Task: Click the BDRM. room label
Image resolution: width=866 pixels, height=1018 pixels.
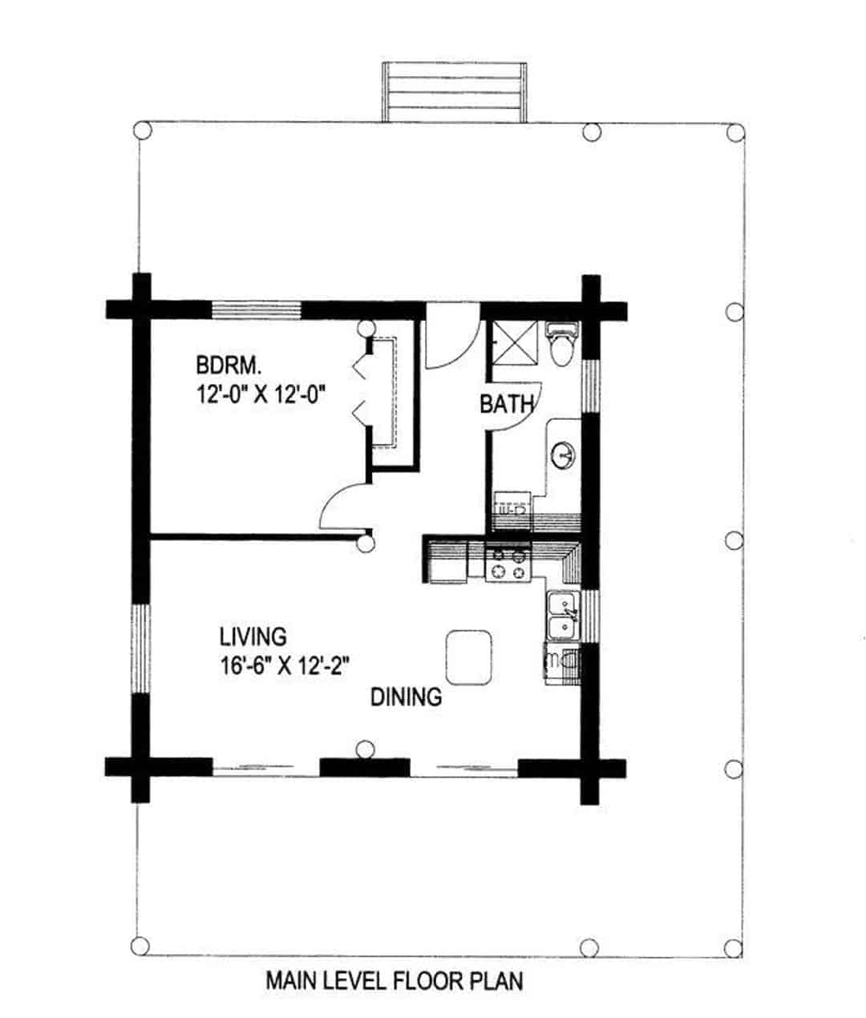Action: click(x=229, y=366)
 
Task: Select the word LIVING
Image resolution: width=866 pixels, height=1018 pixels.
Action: click(x=253, y=636)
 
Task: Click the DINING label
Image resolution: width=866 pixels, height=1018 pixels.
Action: click(x=406, y=697)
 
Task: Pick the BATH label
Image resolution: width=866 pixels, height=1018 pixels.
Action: click(x=506, y=404)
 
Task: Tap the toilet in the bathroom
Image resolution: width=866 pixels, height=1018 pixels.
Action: click(x=561, y=343)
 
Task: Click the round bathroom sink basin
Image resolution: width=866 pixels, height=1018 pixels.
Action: click(x=565, y=456)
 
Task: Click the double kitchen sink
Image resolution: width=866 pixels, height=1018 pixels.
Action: click(x=563, y=616)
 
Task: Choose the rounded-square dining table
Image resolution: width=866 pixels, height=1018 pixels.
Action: click(x=468, y=656)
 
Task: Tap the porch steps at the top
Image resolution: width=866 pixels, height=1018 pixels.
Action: click(x=453, y=91)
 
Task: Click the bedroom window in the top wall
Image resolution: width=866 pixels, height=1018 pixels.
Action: click(x=256, y=310)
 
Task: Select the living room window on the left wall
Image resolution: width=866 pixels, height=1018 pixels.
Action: click(x=141, y=648)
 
